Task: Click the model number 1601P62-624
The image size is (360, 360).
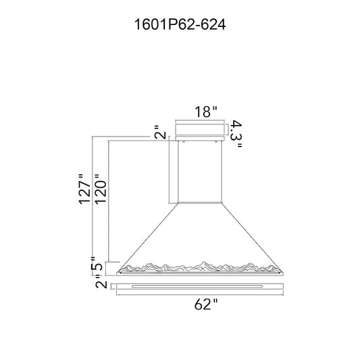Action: (180, 24)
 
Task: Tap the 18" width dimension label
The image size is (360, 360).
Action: (206, 112)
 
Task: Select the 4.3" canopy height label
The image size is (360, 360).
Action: (236, 134)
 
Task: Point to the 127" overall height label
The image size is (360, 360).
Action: (84, 189)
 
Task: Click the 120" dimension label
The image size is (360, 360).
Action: (101, 189)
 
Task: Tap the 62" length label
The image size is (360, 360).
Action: (206, 305)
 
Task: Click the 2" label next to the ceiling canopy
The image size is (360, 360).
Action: (160, 132)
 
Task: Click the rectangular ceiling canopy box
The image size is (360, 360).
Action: (200, 130)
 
